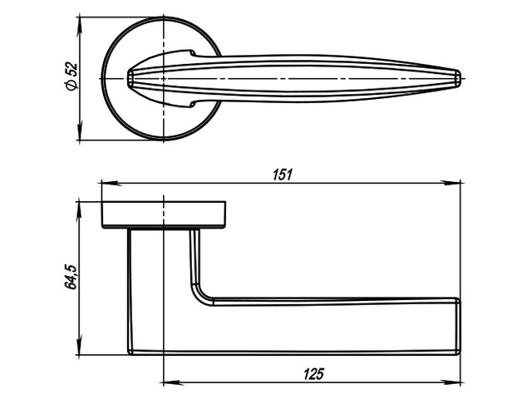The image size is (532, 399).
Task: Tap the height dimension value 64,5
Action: click(x=71, y=275)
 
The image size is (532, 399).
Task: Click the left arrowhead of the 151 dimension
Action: click(x=106, y=181)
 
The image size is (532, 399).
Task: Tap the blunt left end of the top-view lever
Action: click(x=130, y=79)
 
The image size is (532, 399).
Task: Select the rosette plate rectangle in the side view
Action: click(x=163, y=214)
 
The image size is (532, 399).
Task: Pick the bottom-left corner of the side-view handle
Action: click(x=131, y=351)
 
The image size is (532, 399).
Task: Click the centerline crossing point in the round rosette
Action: click(x=163, y=78)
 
